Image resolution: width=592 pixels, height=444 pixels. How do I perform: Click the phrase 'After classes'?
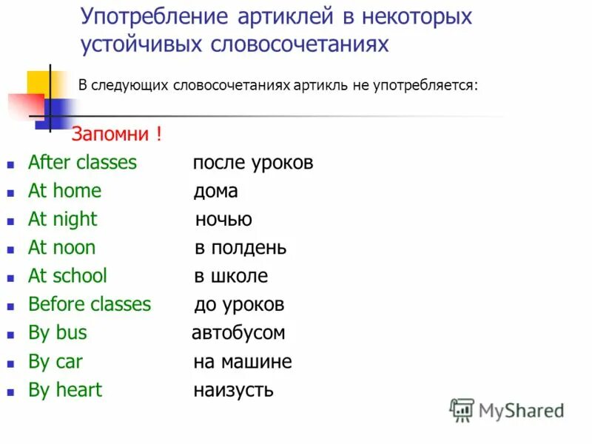coord(82,163)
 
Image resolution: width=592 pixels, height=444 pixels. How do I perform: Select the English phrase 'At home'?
coord(64,191)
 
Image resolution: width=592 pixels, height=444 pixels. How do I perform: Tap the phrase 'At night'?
coord(62,220)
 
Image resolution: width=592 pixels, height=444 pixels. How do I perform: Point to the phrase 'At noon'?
coord(61,248)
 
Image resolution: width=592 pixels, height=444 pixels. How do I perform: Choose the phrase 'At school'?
coord(67,276)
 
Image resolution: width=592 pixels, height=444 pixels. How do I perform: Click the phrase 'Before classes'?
coord(89,304)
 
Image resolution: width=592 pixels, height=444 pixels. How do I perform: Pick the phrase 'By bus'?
coord(57,333)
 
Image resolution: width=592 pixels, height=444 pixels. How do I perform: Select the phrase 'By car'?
coord(55,362)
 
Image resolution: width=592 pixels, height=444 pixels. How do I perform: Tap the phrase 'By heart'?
coord(64,390)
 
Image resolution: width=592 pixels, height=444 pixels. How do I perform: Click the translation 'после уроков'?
coord(252,163)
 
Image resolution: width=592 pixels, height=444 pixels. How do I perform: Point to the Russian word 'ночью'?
coord(223,220)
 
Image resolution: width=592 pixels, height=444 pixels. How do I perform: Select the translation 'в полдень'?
coord(240,248)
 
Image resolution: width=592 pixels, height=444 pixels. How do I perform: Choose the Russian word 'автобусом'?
coord(238,333)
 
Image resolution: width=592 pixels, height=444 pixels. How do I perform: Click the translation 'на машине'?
coord(242,362)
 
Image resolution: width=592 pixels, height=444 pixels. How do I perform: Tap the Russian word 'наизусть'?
coord(233,390)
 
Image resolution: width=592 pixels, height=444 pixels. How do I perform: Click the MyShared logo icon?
coord(462,410)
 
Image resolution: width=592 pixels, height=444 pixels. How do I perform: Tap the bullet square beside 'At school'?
coord(10,277)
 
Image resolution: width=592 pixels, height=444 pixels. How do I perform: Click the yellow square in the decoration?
coord(37,82)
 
